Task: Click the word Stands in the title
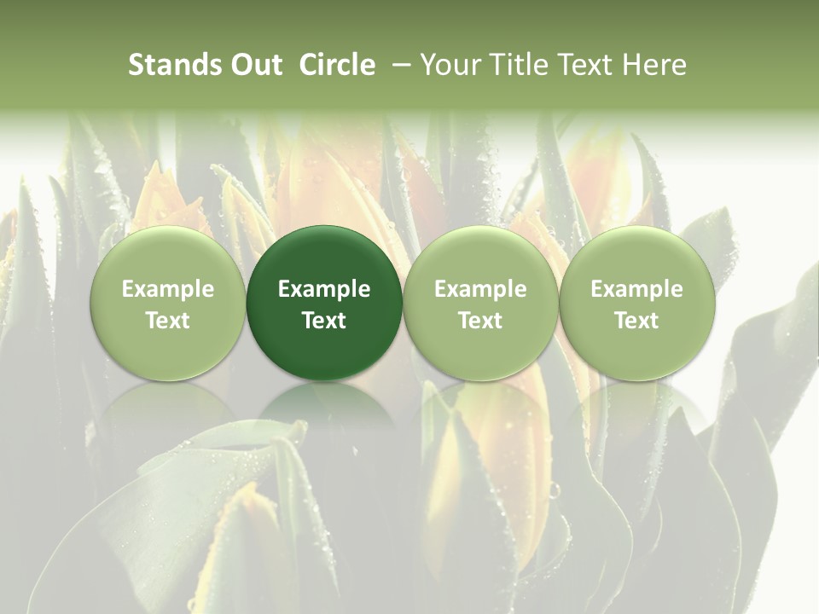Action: tap(173, 66)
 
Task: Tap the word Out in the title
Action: tap(253, 66)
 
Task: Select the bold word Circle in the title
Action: tap(337, 66)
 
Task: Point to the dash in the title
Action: tap(398, 66)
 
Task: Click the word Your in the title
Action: tap(449, 66)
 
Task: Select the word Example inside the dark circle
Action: tap(324, 289)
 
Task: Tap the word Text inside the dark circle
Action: tap(324, 321)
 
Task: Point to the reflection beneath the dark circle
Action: tap(324, 405)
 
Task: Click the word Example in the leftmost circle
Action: tap(168, 289)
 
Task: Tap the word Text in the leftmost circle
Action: tap(168, 321)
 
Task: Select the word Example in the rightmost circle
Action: tap(637, 289)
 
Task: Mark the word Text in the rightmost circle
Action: tap(637, 321)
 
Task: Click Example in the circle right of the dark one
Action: tap(480, 289)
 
